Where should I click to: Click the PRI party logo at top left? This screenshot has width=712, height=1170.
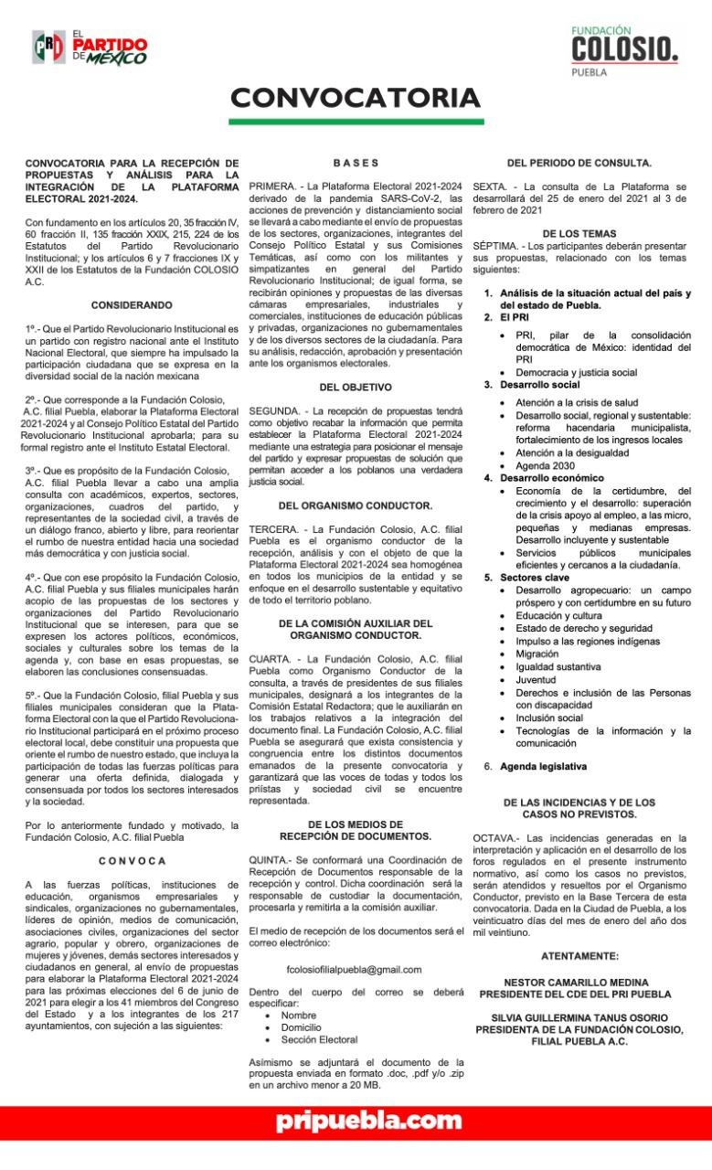[89, 46]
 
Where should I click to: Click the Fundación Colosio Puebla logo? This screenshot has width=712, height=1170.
[624, 50]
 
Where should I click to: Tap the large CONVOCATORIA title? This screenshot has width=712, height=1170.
[356, 97]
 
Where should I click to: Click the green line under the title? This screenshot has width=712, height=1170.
[356, 122]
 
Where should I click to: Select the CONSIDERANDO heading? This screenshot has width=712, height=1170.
[132, 303]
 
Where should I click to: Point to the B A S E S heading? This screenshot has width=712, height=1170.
[356, 163]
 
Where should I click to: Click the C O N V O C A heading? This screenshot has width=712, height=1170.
[133, 860]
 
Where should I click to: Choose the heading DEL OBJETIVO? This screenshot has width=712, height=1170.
[356, 387]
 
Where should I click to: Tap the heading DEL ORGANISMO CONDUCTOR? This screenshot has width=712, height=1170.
[356, 505]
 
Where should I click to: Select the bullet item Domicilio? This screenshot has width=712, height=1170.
[301, 1026]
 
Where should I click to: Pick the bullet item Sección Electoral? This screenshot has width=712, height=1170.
[319, 1039]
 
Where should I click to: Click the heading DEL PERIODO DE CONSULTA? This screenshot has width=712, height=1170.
[579, 163]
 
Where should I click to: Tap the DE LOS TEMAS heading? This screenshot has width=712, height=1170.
[579, 233]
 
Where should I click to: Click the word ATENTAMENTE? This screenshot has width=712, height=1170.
[579, 955]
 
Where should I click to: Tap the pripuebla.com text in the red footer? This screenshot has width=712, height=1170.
[356, 1122]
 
